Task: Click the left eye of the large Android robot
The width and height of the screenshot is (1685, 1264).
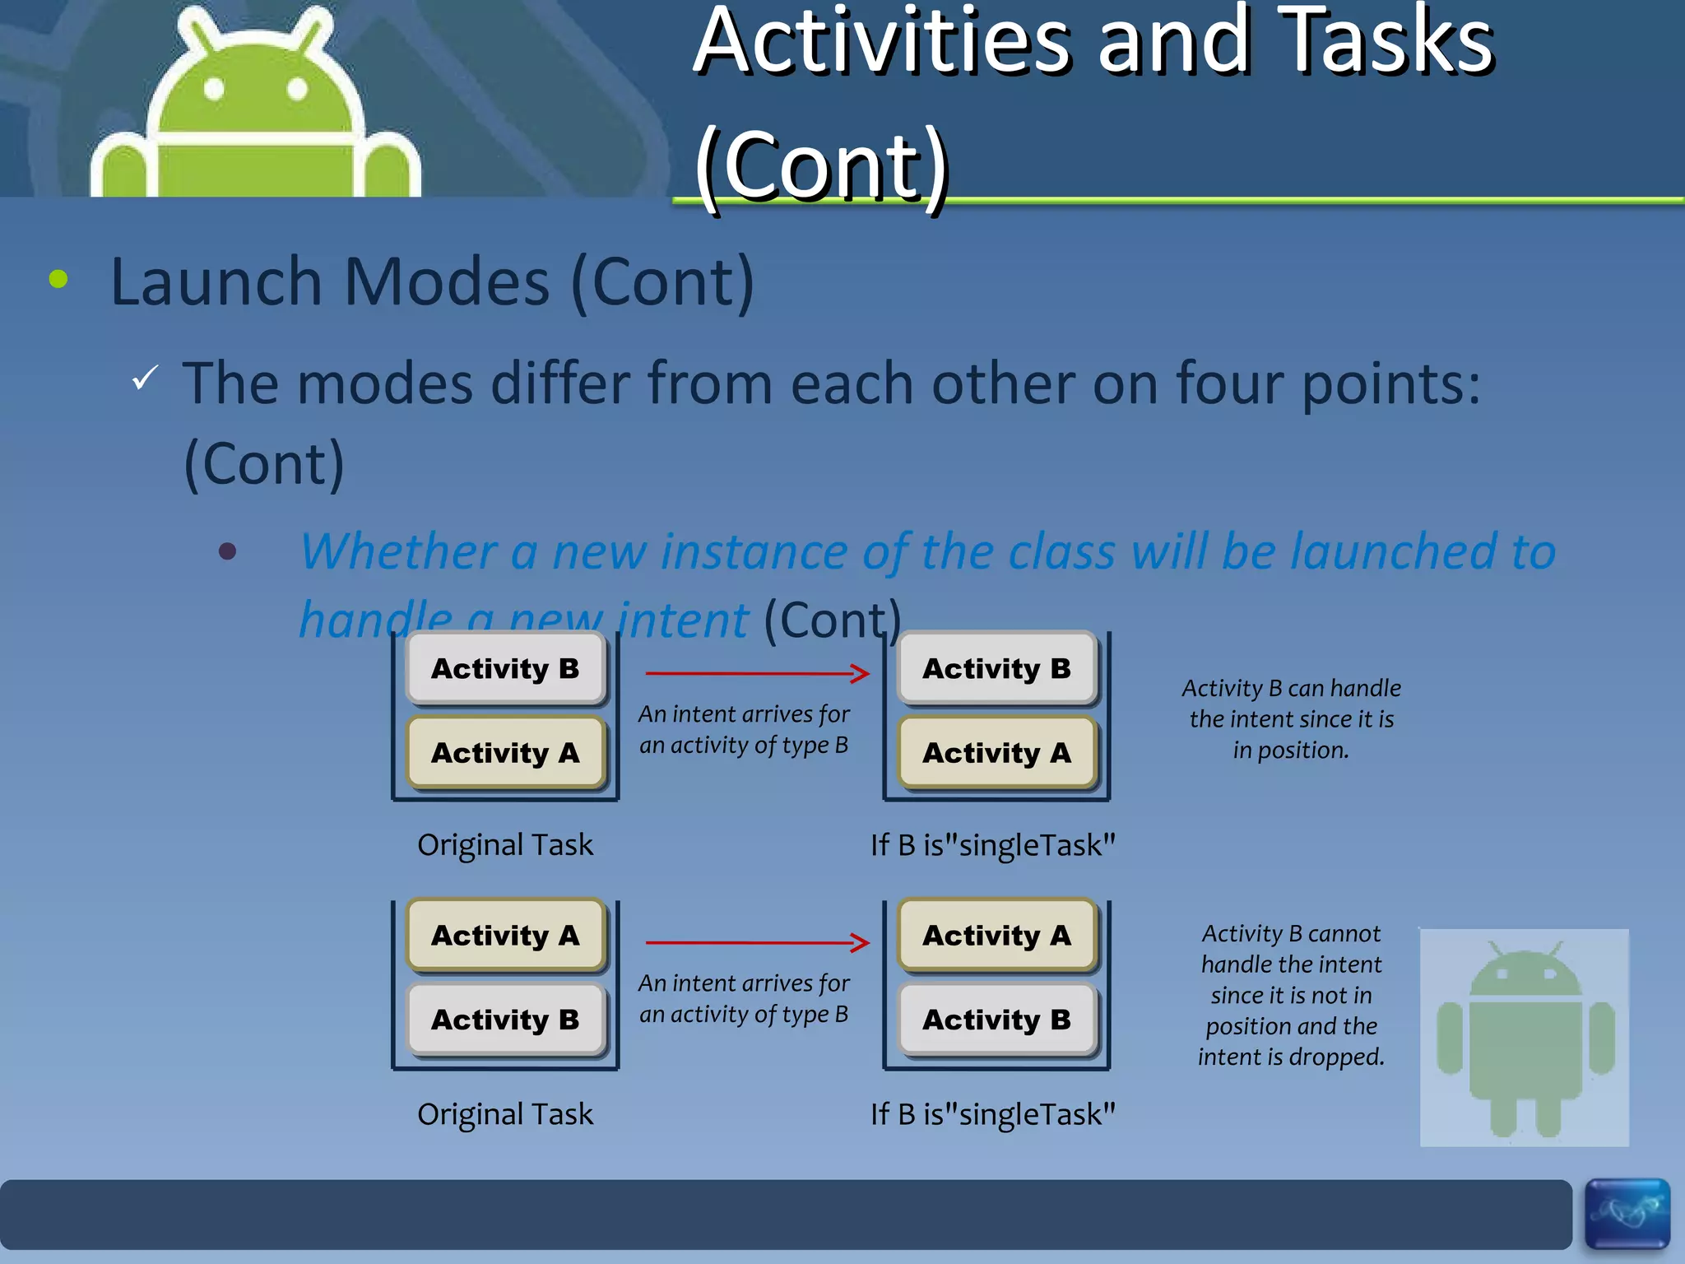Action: [214, 89]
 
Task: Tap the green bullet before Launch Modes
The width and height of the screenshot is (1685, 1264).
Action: [58, 279]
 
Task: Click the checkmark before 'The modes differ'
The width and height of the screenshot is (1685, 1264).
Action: [145, 378]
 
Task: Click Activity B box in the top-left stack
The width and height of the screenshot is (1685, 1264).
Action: [505, 668]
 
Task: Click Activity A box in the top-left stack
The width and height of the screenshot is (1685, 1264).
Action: [505, 752]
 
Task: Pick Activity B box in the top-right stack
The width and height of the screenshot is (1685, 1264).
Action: [996, 668]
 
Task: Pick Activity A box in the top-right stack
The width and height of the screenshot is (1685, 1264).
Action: [996, 752]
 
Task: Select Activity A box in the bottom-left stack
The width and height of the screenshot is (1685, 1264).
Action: [505, 936]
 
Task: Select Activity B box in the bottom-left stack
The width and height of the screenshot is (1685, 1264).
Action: [505, 1020]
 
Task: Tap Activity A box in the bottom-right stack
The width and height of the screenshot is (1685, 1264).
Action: [996, 936]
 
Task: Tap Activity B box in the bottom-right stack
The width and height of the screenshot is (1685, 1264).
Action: [996, 1020]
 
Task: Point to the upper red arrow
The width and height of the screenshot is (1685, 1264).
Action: [757, 673]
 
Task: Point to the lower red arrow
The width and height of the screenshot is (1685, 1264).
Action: [757, 942]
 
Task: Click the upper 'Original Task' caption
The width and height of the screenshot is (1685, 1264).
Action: [504, 845]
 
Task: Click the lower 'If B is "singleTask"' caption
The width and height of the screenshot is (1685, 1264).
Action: [993, 1114]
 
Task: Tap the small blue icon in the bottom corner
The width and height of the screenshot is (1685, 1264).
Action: [1627, 1213]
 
